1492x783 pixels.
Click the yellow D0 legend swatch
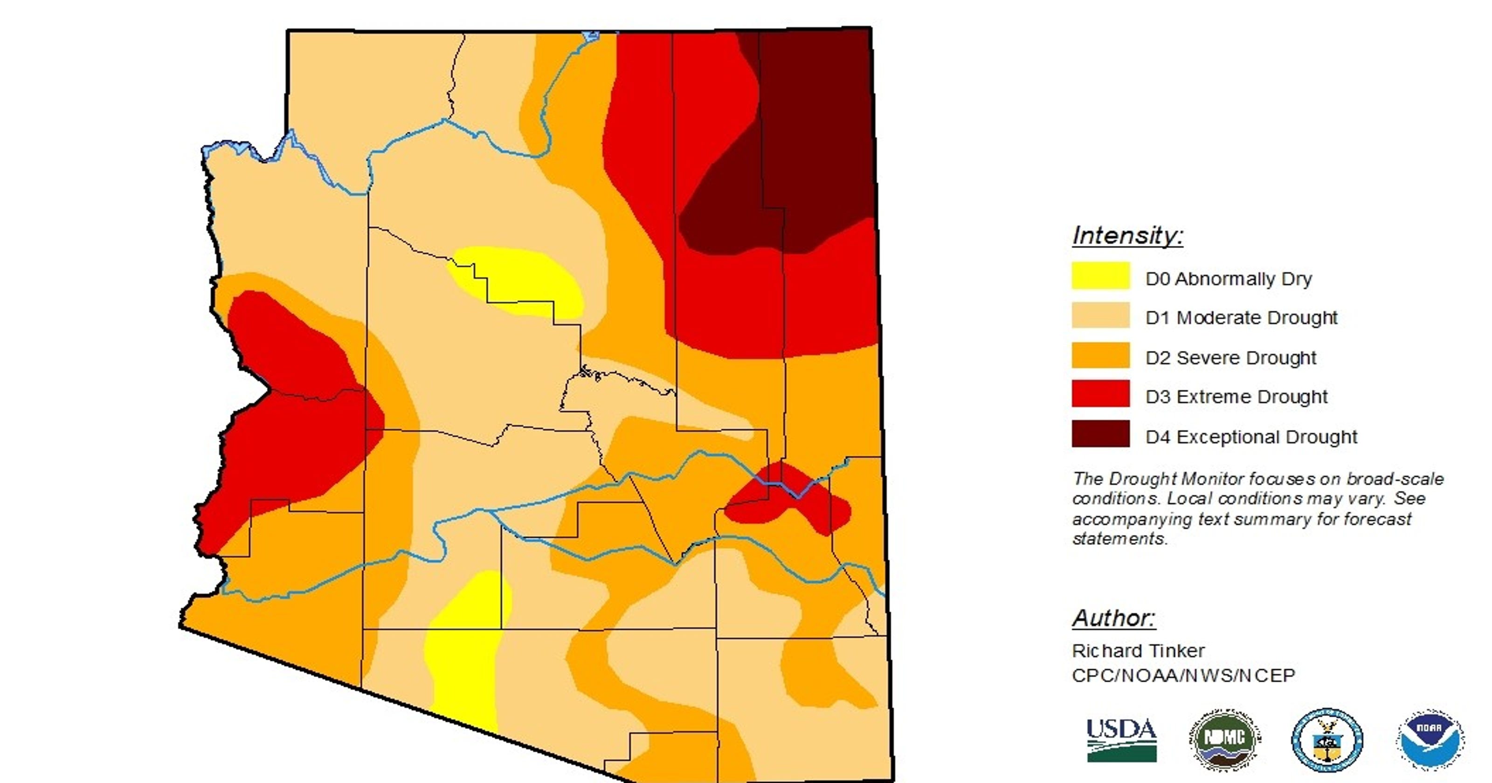click(x=1100, y=275)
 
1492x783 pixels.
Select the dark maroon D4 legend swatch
click(x=1100, y=434)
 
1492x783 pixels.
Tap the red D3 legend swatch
click(x=1100, y=394)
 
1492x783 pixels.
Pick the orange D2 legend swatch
click(x=1100, y=355)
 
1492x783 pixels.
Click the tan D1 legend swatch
click(x=1100, y=315)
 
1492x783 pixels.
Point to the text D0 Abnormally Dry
click(x=1228, y=279)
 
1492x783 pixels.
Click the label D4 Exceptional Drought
click(x=1251, y=437)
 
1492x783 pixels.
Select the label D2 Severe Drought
click(x=1230, y=358)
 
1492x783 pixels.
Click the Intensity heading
click(x=1127, y=236)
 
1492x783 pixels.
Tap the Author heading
click(x=1113, y=618)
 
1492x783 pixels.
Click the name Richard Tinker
click(x=1138, y=651)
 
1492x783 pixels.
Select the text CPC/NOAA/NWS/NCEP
click(x=1183, y=675)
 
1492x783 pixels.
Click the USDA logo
click(x=1121, y=740)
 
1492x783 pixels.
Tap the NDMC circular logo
click(x=1224, y=740)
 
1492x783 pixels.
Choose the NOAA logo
click(x=1430, y=740)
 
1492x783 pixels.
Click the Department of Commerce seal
click(x=1327, y=740)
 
